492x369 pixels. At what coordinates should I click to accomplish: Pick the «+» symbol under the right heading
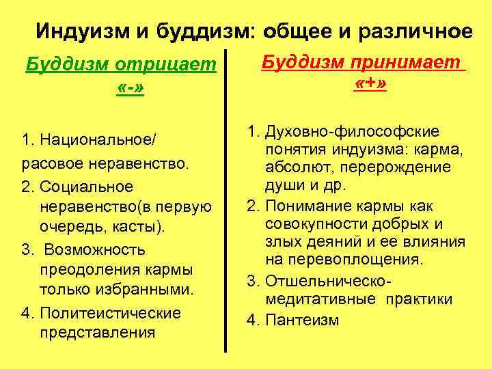click(371, 85)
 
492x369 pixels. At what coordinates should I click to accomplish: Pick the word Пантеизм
click(301, 320)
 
